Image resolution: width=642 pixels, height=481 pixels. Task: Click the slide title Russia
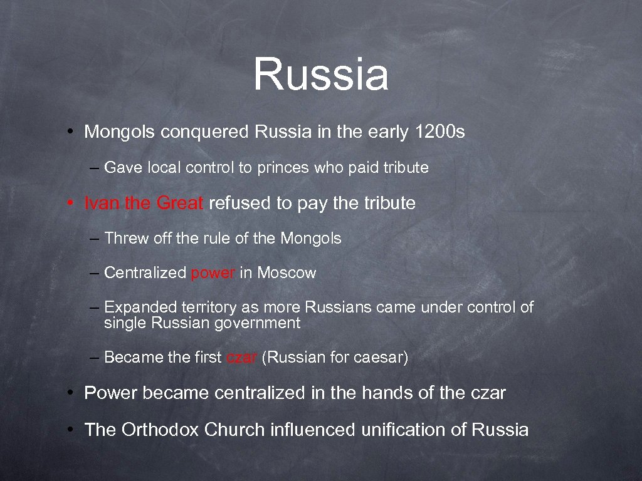pyautogui.click(x=321, y=74)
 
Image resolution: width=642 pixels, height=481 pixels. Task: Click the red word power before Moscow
pyautogui.click(x=213, y=273)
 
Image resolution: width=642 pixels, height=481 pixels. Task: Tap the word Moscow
pyautogui.click(x=287, y=273)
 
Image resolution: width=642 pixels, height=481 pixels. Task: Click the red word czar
pyautogui.click(x=241, y=358)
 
